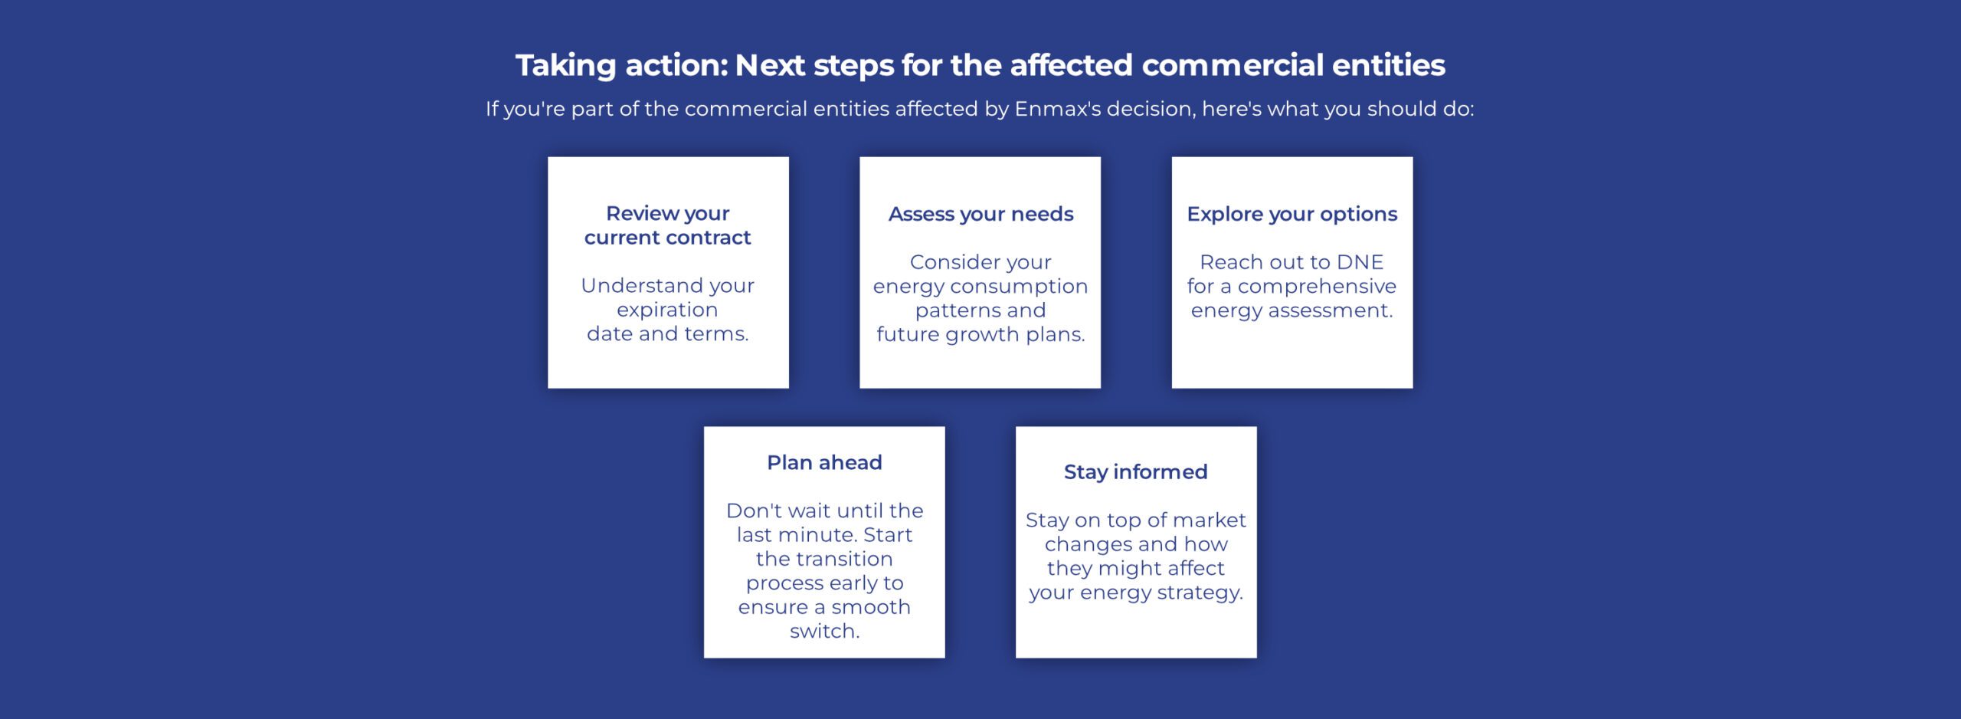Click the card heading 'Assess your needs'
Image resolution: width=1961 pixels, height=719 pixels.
point(980,214)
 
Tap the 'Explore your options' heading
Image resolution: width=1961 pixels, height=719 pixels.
point(1292,214)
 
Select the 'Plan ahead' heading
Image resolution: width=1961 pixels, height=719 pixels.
point(824,462)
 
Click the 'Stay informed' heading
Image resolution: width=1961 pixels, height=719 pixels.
point(1135,471)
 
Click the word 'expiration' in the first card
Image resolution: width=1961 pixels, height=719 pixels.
point(667,310)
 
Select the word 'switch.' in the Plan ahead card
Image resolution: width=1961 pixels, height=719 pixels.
point(824,631)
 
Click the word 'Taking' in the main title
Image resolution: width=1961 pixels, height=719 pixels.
point(565,66)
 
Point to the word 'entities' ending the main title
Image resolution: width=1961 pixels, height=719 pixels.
point(1388,66)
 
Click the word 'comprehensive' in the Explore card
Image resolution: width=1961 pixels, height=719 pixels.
point(1317,286)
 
